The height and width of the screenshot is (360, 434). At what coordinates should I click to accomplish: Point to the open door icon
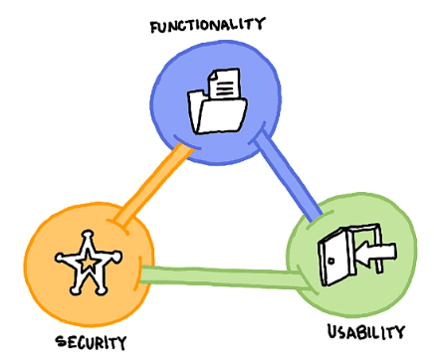[x=335, y=254]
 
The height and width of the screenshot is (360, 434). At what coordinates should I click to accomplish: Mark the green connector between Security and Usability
[x=219, y=274]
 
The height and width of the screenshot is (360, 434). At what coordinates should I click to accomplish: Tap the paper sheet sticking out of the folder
[x=225, y=84]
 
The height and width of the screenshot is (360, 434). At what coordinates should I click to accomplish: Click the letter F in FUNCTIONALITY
[x=156, y=22]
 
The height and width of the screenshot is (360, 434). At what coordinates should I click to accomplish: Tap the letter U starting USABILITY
[x=332, y=330]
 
